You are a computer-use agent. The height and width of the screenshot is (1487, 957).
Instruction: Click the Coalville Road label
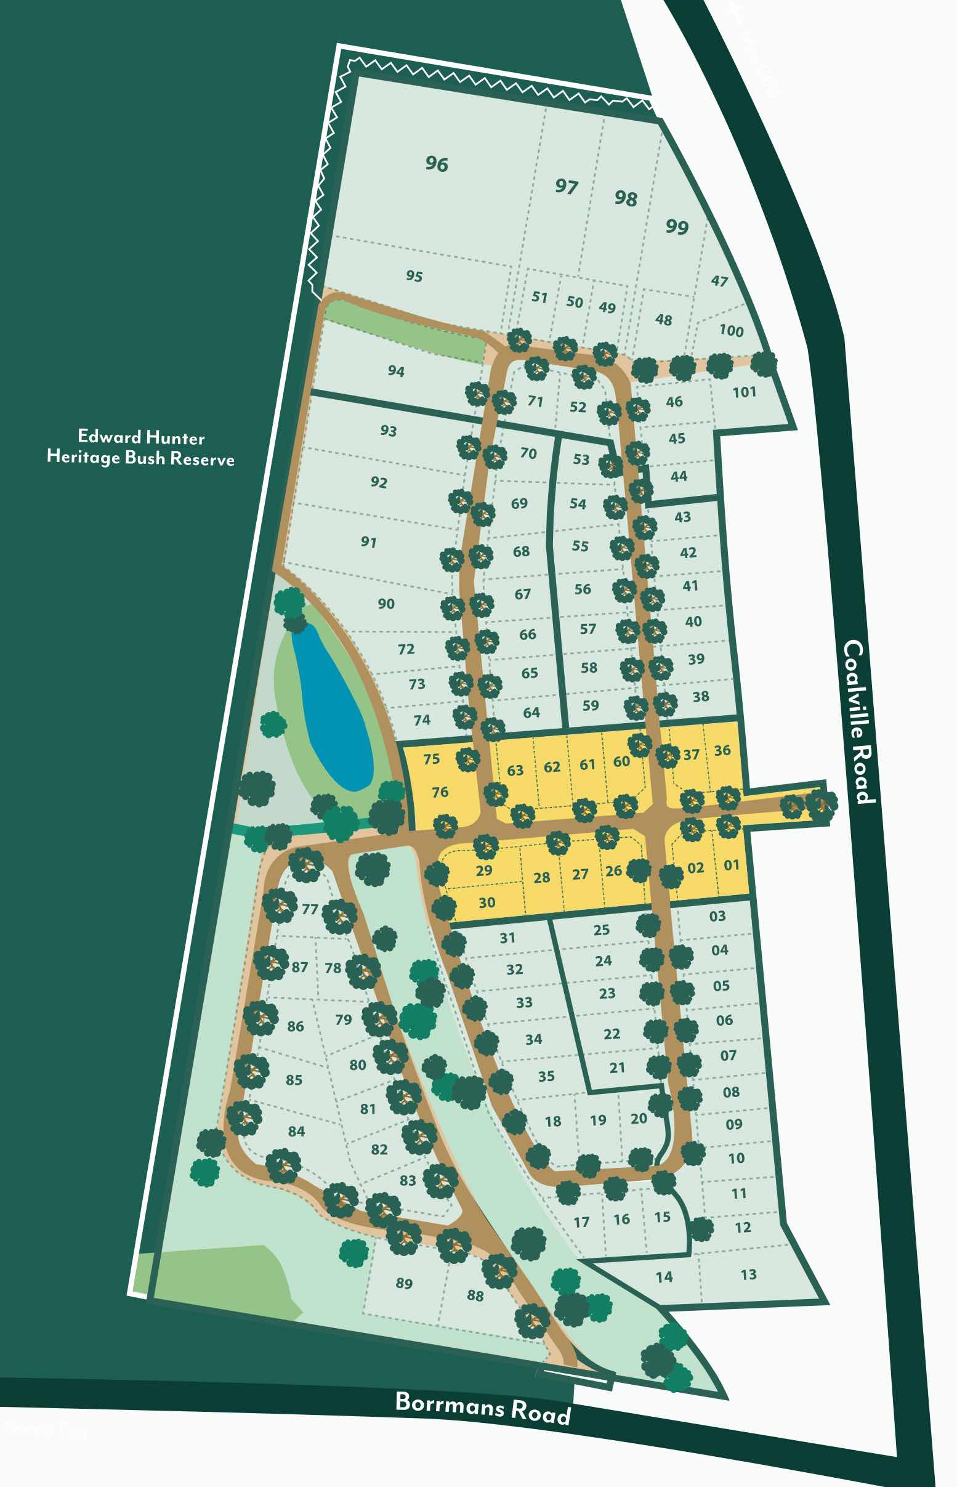coord(860,721)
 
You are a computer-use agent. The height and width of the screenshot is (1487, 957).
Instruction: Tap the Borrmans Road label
coord(483,1407)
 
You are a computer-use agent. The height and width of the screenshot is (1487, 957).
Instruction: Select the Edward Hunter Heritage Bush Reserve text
coord(141,447)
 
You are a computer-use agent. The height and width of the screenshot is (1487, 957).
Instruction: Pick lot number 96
coord(436,164)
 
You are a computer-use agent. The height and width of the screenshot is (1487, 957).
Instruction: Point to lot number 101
coord(744,392)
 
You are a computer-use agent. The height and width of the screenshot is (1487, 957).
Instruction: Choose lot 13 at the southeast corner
coord(748,1274)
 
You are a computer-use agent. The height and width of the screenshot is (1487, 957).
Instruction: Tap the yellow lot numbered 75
coord(431,759)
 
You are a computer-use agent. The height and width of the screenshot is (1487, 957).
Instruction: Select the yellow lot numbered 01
coord(732,865)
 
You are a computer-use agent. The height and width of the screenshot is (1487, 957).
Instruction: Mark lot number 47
coord(719,281)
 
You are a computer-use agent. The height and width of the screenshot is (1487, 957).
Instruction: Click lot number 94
coord(396,371)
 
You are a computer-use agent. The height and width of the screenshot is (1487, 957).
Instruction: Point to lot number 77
coord(310,909)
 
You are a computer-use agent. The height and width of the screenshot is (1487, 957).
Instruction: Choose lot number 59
coord(591,705)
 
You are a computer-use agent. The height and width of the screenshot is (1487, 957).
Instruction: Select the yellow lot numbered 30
coord(487,902)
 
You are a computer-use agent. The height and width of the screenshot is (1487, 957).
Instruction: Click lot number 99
coord(677,226)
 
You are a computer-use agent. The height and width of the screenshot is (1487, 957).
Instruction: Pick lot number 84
coord(296,1131)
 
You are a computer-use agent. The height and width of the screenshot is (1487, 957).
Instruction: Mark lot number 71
coord(535,402)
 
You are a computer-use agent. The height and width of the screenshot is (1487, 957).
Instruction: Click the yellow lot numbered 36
coord(722,751)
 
